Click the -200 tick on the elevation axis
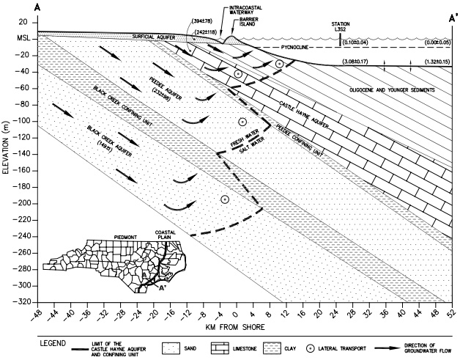[x=28, y=203]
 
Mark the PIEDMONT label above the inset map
[x=129, y=238]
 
